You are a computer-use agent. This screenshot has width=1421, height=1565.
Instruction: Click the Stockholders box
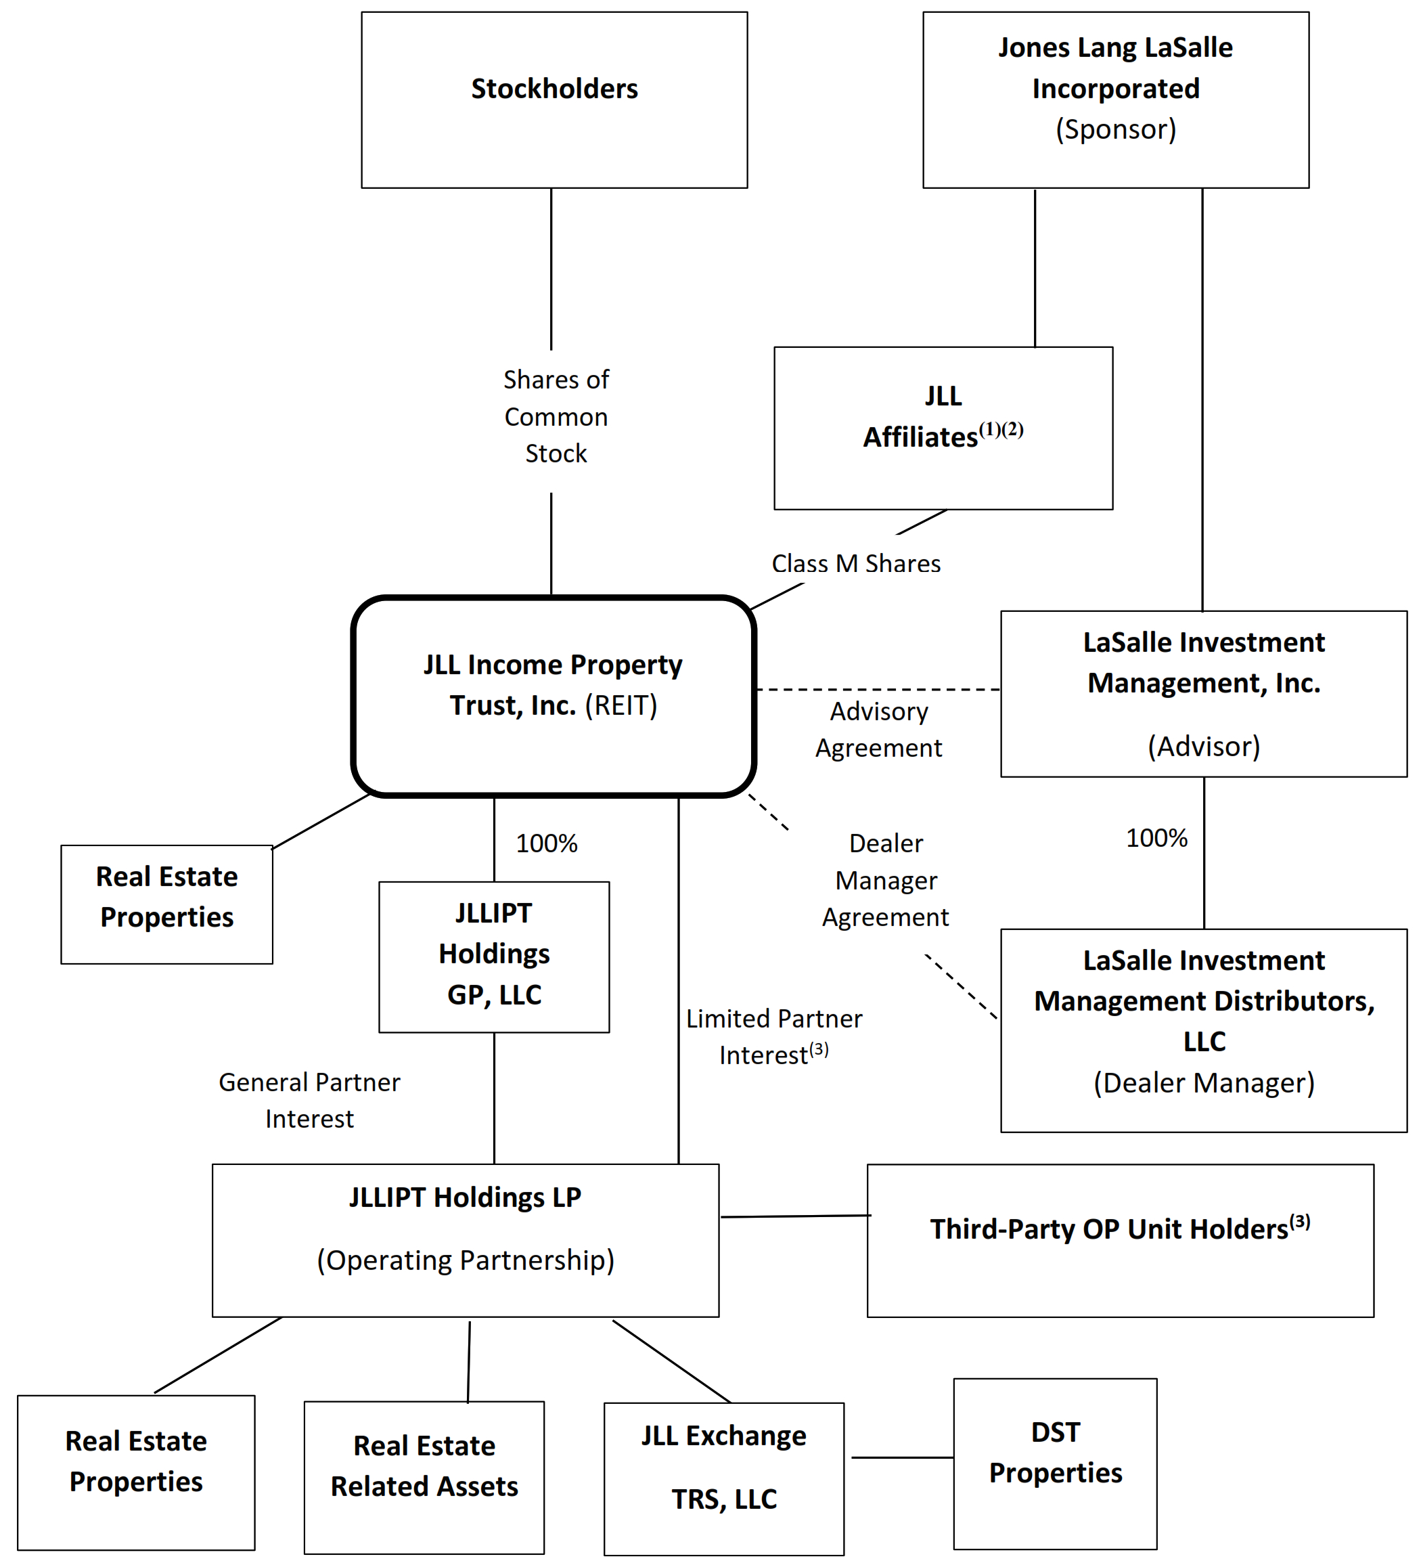tap(554, 100)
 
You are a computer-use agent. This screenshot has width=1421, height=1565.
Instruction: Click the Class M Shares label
tap(855, 564)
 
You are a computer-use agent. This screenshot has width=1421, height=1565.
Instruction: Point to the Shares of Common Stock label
tap(556, 417)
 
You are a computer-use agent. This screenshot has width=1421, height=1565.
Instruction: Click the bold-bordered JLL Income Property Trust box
tap(554, 696)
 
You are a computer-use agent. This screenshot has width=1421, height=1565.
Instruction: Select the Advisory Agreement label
tap(878, 730)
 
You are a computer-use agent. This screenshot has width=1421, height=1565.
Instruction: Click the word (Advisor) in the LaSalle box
tap(1203, 746)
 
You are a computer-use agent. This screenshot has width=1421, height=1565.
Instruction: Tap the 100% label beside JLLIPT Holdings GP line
tap(546, 844)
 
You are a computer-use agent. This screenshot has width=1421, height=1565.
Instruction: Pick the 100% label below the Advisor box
tap(1156, 839)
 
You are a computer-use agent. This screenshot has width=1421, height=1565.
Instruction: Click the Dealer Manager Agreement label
tap(886, 880)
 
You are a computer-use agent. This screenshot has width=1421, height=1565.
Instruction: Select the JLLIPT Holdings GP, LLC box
tap(493, 956)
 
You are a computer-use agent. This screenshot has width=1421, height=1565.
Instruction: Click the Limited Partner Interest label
tap(773, 1037)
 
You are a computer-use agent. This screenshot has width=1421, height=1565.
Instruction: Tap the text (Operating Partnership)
tap(465, 1259)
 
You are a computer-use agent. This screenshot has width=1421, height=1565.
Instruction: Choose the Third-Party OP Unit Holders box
tap(1119, 1241)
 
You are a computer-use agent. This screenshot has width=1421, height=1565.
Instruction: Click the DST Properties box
tap(1055, 1463)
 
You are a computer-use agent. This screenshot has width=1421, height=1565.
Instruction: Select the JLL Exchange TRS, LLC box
tap(723, 1478)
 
